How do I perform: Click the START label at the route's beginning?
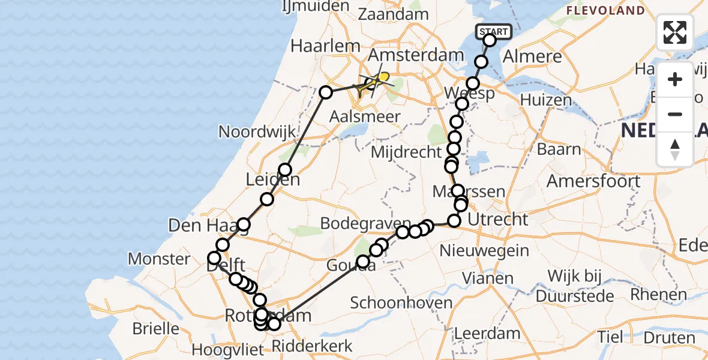click(493, 31)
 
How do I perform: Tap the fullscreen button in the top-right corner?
click(675, 32)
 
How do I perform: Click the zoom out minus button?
click(675, 114)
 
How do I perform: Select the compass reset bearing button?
click(675, 149)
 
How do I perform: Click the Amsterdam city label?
click(416, 55)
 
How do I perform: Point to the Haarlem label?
click(325, 46)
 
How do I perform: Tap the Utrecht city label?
click(498, 220)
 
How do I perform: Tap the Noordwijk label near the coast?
click(251, 131)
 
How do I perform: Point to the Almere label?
click(534, 57)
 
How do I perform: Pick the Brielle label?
click(156, 328)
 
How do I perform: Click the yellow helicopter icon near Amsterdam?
click(380, 78)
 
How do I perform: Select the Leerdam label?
click(487, 333)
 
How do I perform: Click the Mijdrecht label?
click(406, 152)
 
